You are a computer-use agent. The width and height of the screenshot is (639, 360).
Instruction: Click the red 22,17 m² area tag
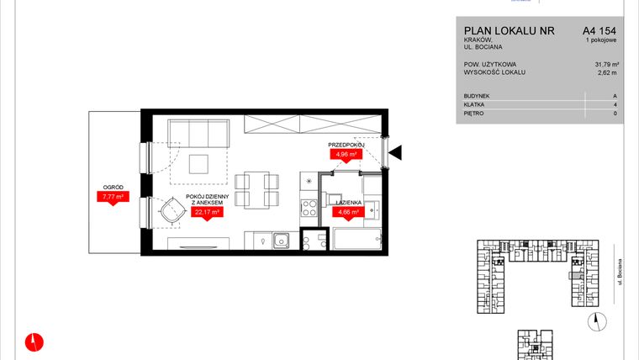tap(207, 213)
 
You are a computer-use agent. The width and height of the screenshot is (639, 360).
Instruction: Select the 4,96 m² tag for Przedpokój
tap(344, 154)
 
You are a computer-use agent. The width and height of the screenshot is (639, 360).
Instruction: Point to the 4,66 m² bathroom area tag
tap(347, 213)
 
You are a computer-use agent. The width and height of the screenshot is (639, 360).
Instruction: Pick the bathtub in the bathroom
tap(359, 241)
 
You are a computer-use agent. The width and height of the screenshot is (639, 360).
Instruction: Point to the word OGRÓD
tap(111, 188)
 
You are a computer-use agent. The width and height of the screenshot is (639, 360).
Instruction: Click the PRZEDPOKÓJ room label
tap(344, 145)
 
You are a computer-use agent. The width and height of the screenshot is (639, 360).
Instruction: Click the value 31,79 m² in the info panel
tap(605, 64)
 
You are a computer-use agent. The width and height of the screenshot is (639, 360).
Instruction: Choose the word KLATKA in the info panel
tap(475, 104)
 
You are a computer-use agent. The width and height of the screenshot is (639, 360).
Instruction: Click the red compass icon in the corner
tap(34, 341)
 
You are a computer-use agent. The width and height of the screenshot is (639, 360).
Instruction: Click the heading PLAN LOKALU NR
tap(509, 30)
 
